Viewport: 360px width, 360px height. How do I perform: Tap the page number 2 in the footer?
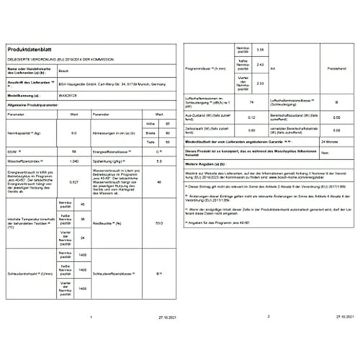coord(268,315)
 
